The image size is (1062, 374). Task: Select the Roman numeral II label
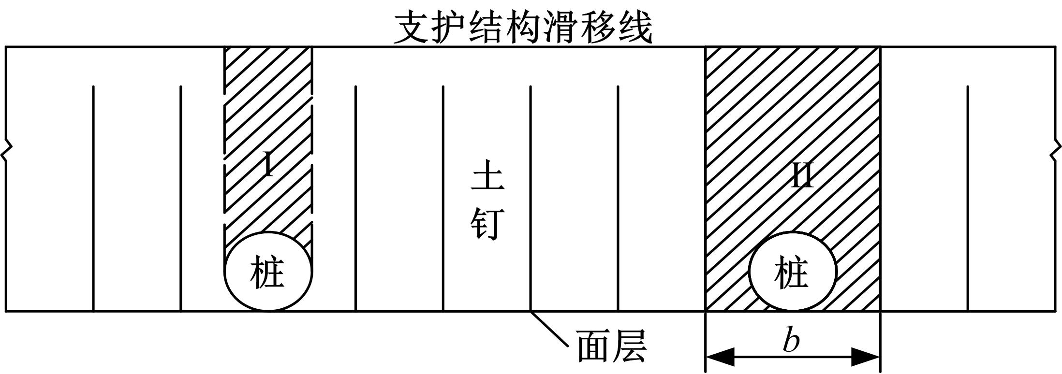click(x=801, y=175)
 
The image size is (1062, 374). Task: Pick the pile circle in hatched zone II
click(x=792, y=271)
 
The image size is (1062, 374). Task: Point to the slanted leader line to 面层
click(x=549, y=329)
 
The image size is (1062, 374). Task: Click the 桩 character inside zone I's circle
click(x=267, y=273)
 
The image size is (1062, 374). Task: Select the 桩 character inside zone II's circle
click(x=792, y=273)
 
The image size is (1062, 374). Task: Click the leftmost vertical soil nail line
click(x=93, y=198)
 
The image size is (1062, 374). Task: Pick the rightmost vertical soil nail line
click(x=968, y=198)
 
